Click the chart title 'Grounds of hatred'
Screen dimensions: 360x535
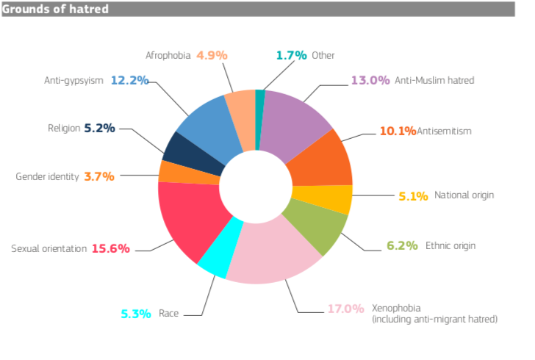pos(56,9)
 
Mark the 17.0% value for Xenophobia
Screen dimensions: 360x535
pos(345,309)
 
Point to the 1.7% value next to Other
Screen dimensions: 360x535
pos(290,55)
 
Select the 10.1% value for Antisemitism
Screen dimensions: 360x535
pos(398,131)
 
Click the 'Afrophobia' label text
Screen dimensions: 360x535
pos(168,55)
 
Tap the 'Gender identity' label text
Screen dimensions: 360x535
pos(47,176)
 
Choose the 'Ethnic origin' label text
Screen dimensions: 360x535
pos(450,245)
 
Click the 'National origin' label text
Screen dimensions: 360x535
pos(464,195)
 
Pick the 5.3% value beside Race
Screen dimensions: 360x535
pos(137,314)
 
